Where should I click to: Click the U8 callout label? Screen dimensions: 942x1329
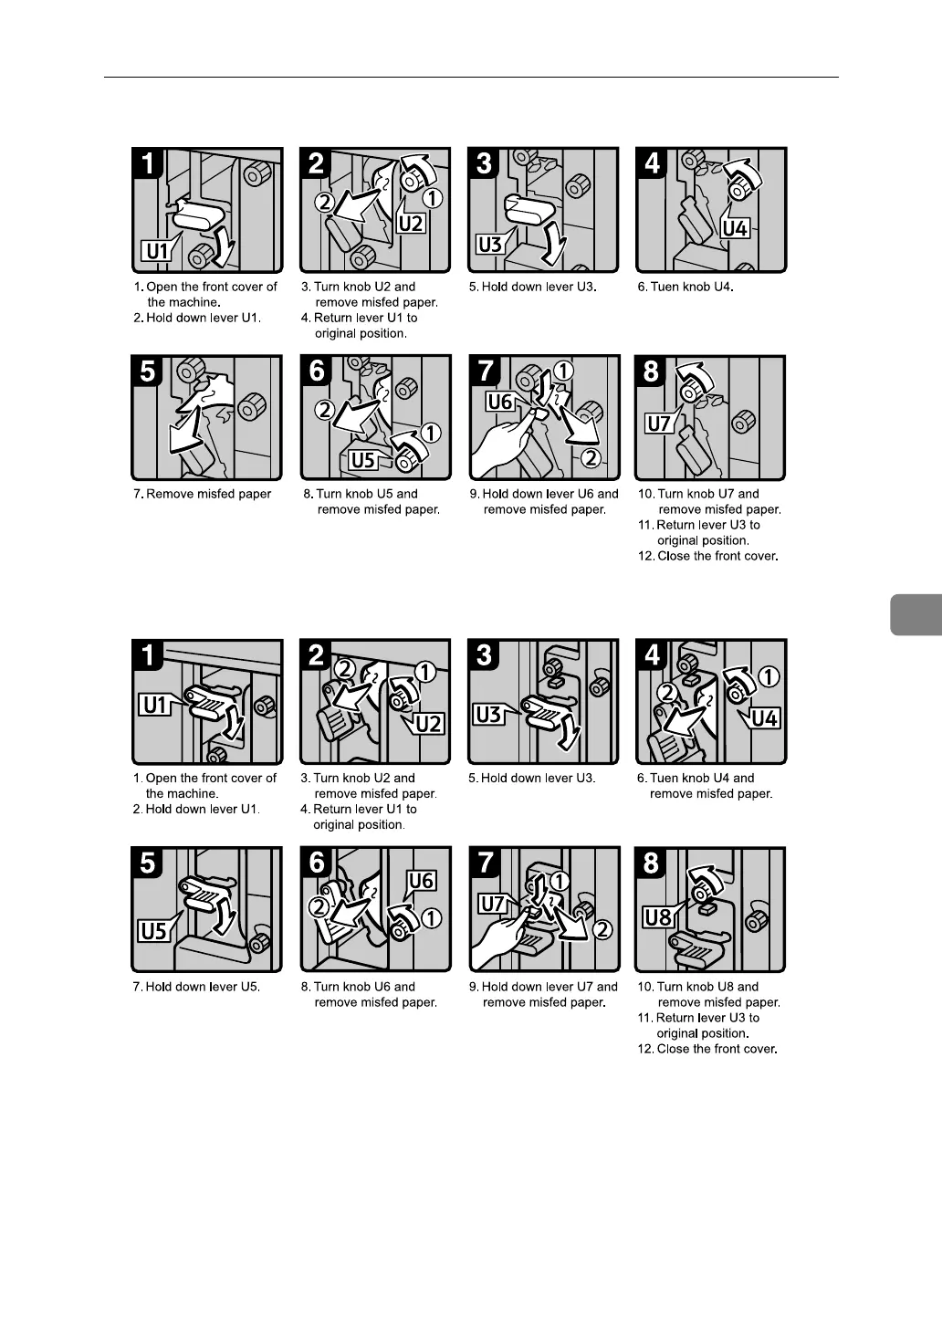point(658,918)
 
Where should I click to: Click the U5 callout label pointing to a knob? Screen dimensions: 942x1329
point(362,460)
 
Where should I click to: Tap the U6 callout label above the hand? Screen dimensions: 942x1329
point(499,402)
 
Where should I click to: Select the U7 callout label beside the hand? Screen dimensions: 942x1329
point(492,905)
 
